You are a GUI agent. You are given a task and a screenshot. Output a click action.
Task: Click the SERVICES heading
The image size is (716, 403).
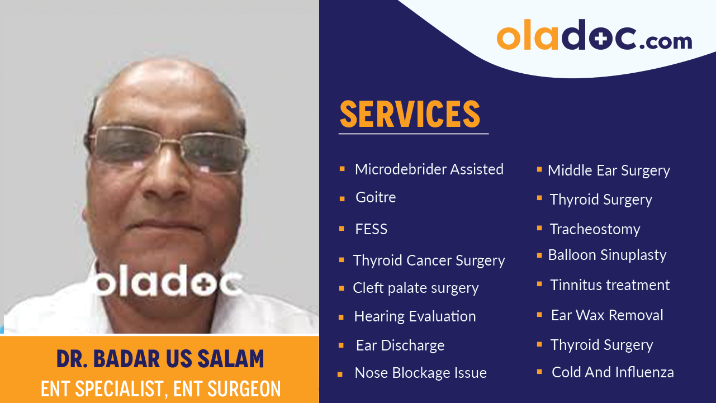click(x=410, y=114)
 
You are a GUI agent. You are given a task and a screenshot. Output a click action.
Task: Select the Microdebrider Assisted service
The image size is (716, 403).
click(x=429, y=169)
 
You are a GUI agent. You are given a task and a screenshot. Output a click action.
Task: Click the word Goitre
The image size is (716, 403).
click(x=376, y=198)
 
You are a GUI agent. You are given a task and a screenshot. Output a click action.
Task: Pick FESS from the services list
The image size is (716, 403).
click(x=371, y=229)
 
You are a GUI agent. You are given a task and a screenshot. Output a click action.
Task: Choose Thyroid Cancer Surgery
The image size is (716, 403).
click(x=429, y=260)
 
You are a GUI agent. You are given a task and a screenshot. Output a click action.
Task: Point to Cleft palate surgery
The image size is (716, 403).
click(x=415, y=288)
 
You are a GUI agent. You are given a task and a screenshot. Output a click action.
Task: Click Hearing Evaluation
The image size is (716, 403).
click(x=415, y=316)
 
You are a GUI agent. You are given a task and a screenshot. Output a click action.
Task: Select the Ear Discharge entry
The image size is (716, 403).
click(x=400, y=346)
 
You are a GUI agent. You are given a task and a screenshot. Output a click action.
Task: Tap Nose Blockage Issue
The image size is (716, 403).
click(x=420, y=373)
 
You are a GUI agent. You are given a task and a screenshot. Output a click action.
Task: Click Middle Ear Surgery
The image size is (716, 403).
click(x=609, y=171)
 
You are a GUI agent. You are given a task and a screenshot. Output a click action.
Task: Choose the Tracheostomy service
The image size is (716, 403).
click(x=595, y=229)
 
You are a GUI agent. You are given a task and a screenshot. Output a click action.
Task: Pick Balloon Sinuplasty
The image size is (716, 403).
click(x=607, y=255)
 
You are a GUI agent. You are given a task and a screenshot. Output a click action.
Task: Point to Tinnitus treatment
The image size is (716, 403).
click(x=610, y=285)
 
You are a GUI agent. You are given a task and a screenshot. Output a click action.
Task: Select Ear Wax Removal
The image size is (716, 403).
click(x=607, y=315)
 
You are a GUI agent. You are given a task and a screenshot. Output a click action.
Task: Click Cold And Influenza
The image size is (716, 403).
click(x=613, y=372)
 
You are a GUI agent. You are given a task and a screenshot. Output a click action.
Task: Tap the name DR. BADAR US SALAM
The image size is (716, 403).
click(x=160, y=359)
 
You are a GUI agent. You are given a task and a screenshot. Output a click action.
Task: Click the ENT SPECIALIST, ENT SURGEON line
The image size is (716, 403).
click(x=160, y=388)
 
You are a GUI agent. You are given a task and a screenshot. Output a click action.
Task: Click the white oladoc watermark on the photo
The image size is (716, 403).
click(x=167, y=283)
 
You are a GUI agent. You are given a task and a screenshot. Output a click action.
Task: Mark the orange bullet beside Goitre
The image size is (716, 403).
click(x=342, y=198)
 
